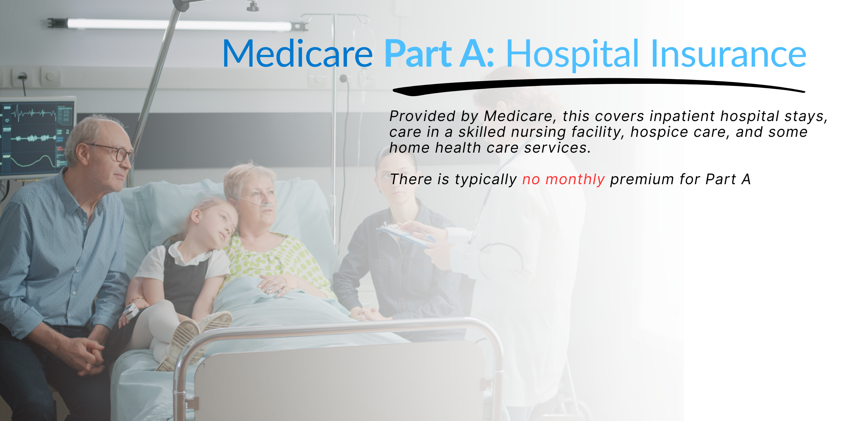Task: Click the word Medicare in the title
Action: point(298,54)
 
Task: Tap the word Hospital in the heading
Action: point(572,54)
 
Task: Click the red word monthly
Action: point(575,180)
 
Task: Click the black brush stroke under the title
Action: point(599,86)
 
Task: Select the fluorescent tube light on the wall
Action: point(177,25)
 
